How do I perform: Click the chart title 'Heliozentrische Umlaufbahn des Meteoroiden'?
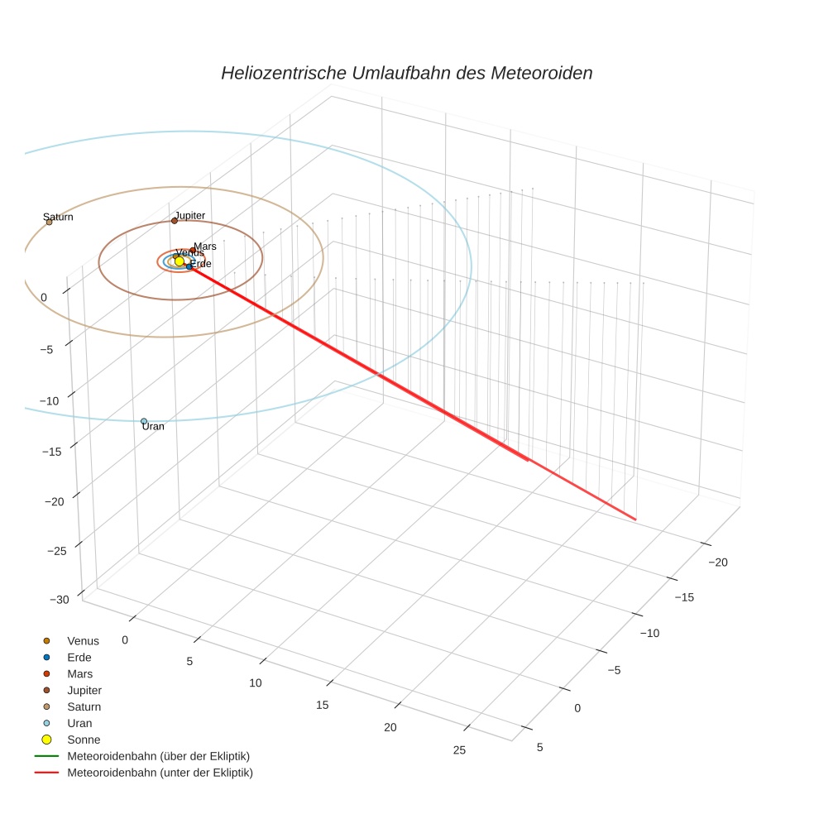click(x=406, y=73)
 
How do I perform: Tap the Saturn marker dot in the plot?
click(x=49, y=222)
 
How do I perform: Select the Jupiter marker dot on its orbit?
click(x=175, y=221)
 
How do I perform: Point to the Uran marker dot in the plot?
click(x=144, y=421)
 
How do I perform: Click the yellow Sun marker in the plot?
click(x=180, y=261)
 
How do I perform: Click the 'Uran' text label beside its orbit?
click(x=153, y=427)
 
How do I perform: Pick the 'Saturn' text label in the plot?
click(x=58, y=217)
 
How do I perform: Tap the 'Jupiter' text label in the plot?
click(x=189, y=215)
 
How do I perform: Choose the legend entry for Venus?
click(x=83, y=641)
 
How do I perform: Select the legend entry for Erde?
click(x=79, y=658)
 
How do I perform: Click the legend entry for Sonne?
click(x=84, y=740)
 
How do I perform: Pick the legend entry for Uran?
click(x=79, y=723)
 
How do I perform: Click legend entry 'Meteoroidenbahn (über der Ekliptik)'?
click(x=158, y=756)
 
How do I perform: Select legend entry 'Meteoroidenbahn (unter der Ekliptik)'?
click(x=160, y=773)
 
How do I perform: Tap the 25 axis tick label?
click(x=459, y=749)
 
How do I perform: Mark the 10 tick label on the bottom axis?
click(x=255, y=682)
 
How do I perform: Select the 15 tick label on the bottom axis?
click(x=323, y=705)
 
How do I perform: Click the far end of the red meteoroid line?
click(x=635, y=520)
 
